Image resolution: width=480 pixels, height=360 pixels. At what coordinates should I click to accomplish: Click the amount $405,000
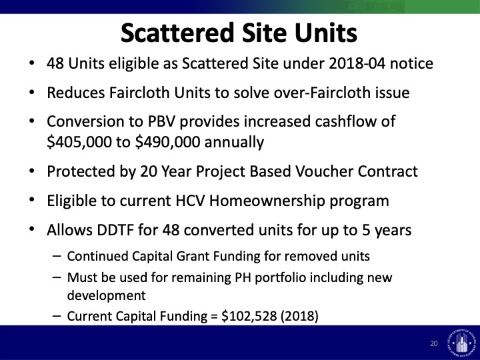pos(79,142)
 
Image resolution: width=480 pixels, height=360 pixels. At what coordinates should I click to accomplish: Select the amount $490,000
pos(168,142)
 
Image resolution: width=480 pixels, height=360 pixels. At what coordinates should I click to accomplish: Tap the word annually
pos(234,143)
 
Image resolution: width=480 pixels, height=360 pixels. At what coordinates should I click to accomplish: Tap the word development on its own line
pos(106,296)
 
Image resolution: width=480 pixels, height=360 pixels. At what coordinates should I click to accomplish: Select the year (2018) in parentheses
pos(299,316)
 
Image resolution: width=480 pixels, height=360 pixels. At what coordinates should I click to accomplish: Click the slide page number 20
pos(434,343)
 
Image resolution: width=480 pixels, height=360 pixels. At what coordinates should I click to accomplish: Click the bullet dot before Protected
pos(31,171)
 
